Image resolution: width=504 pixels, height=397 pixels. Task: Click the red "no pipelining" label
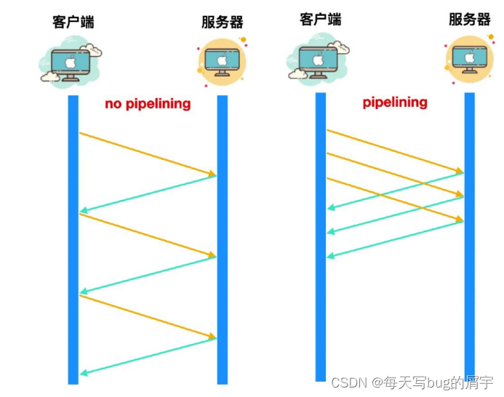click(148, 104)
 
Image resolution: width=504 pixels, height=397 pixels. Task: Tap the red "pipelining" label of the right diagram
click(395, 103)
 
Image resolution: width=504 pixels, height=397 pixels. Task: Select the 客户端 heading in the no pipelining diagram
click(73, 22)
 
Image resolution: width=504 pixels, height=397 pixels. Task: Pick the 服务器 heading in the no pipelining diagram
click(222, 22)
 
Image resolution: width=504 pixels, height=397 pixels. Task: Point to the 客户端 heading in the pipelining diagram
click(321, 19)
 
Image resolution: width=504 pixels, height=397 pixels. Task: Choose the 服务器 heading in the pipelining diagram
click(469, 19)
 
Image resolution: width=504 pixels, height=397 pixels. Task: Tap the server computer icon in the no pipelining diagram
click(222, 62)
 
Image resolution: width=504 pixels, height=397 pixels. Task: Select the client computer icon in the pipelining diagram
click(318, 60)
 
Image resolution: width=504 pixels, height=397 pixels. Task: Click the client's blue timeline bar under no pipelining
click(73, 240)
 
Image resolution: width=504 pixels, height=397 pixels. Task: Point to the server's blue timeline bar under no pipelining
click(223, 240)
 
